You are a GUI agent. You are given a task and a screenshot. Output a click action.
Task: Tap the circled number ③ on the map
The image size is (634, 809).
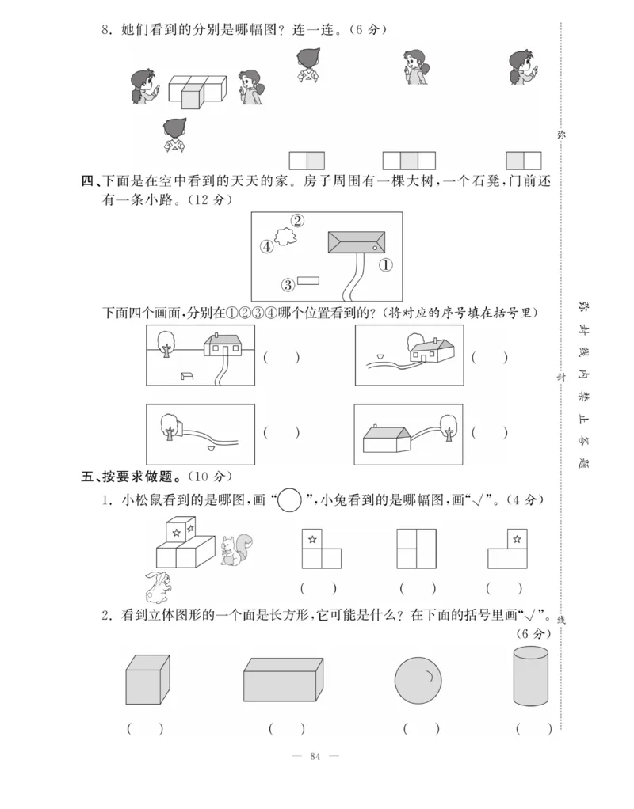(x=288, y=283)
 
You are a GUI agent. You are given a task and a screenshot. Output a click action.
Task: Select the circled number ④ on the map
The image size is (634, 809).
(x=266, y=247)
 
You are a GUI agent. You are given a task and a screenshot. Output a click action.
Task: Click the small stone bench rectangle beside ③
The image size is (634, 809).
(x=308, y=280)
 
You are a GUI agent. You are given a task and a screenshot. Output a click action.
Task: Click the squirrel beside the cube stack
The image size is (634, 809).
(x=236, y=549)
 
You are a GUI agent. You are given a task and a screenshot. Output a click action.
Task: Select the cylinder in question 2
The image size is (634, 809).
(x=530, y=677)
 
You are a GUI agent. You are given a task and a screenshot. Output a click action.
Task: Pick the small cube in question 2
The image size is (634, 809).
(x=147, y=680)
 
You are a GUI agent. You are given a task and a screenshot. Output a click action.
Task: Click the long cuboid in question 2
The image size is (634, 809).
(x=283, y=679)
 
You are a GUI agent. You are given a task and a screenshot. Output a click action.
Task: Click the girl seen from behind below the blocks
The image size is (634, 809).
(x=174, y=135)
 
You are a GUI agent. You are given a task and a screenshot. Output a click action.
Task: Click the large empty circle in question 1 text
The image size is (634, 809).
(x=291, y=499)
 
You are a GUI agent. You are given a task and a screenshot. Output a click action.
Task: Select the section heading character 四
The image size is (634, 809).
(x=87, y=181)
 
